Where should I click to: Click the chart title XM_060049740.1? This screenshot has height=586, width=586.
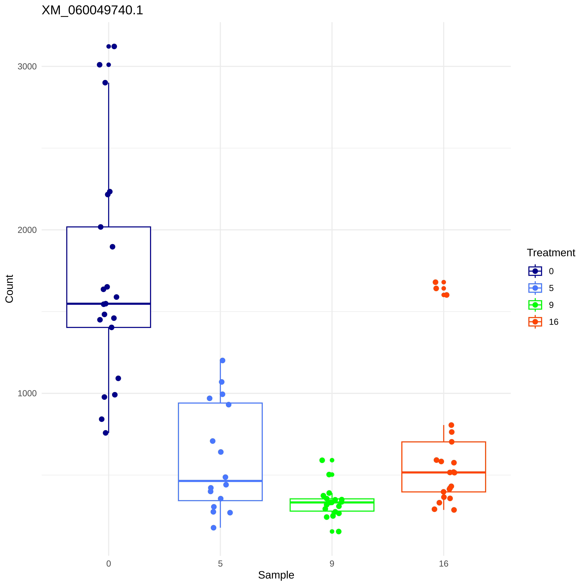(x=92, y=10)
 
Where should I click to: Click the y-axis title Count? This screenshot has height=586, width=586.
(x=9, y=289)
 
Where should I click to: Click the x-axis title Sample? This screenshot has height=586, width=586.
(x=276, y=575)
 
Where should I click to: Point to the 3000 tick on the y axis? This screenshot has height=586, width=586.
(x=27, y=66)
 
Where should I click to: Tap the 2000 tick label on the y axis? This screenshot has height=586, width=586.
(x=27, y=230)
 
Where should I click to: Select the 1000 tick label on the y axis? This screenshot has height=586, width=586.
(x=27, y=393)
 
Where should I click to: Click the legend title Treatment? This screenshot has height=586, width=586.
(x=551, y=253)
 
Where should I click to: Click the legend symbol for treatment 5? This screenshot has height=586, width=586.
(x=535, y=288)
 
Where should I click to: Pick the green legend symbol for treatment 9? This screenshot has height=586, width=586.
(x=535, y=305)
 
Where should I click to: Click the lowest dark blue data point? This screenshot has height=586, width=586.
(x=106, y=433)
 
